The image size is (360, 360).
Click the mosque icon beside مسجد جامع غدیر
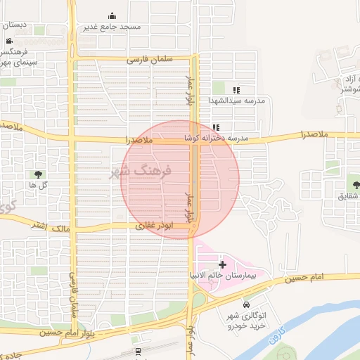coord(112,15)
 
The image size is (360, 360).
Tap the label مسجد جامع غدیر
coord(112,27)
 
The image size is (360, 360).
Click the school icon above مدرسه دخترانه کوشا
coord(216,128)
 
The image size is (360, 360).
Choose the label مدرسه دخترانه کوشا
coord(217,139)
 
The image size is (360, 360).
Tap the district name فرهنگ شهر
coord(141,172)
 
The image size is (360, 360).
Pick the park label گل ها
coord(27,184)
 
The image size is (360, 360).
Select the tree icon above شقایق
coord(356,185)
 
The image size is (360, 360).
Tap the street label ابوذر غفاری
coord(154,226)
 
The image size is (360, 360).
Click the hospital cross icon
coord(223,264)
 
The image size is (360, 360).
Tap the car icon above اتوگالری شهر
coord(246,304)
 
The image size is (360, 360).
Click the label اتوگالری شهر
coord(246,315)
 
